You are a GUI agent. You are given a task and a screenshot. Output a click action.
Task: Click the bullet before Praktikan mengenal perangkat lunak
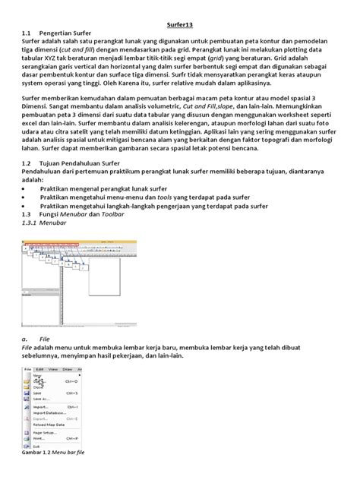pyautogui.click(x=24, y=205)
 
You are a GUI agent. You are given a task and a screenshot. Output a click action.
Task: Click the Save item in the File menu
pyautogui.click(x=37, y=392)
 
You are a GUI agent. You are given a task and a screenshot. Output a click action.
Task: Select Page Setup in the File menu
pyautogui.click(x=45, y=433)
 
